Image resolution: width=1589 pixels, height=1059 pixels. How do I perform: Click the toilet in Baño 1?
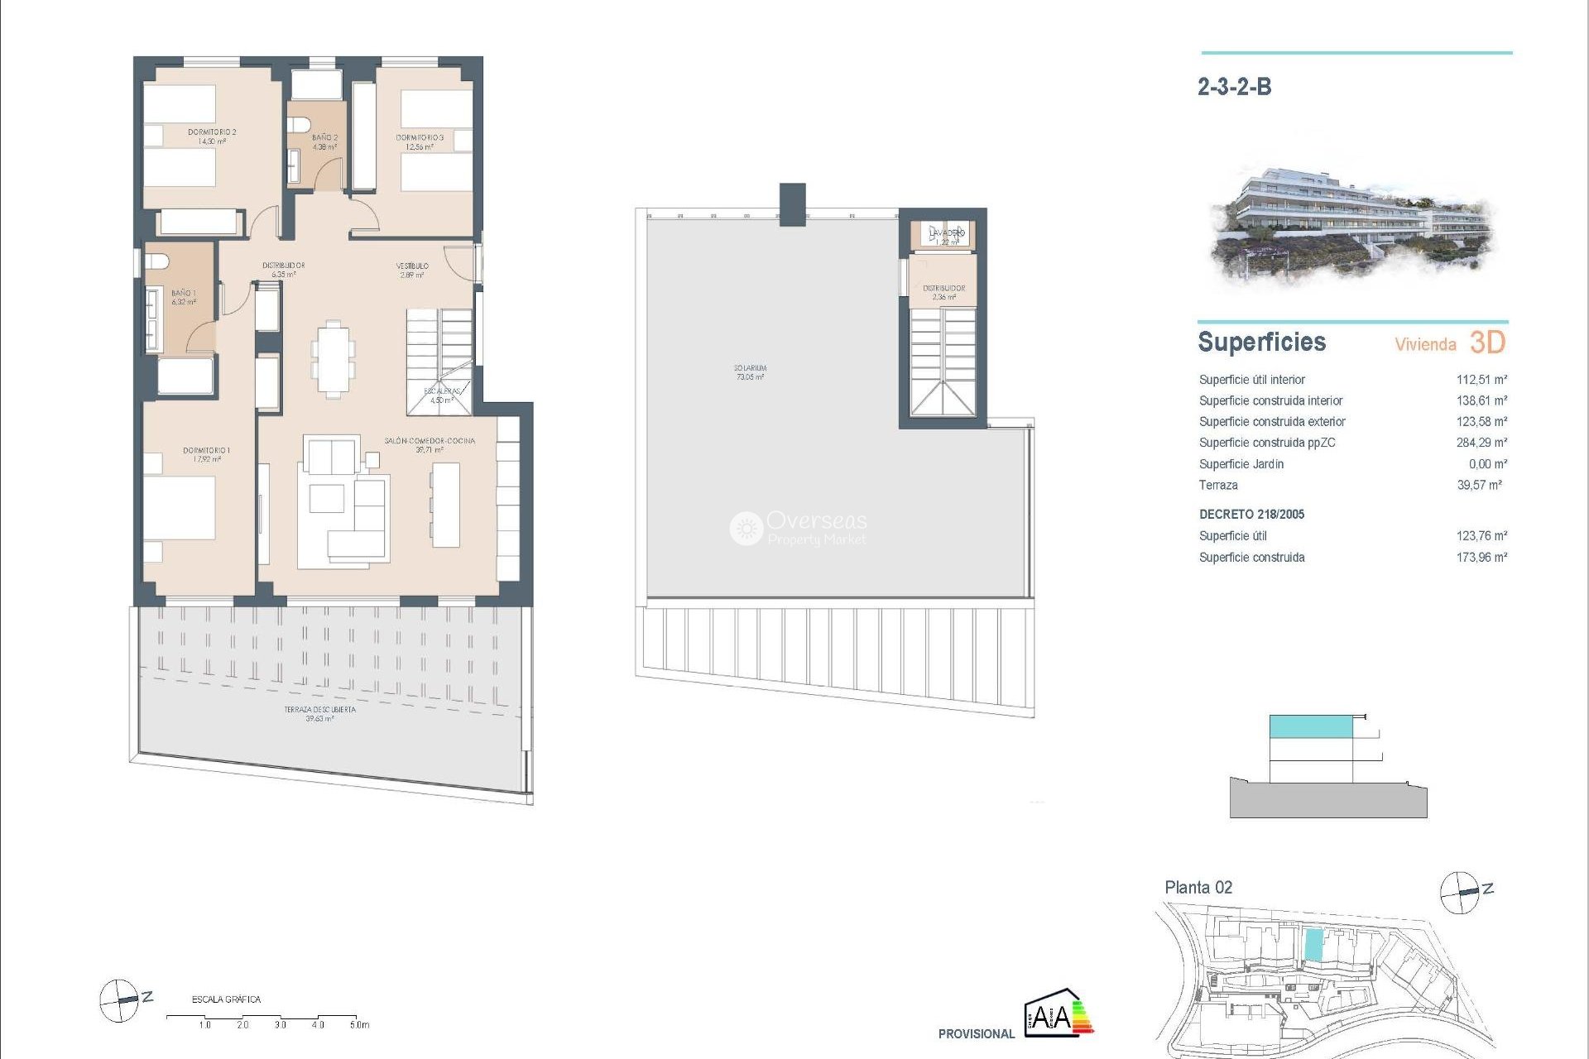(x=158, y=262)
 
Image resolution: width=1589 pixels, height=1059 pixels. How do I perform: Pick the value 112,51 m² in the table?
(x=1481, y=380)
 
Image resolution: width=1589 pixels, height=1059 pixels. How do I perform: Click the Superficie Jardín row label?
(x=1241, y=464)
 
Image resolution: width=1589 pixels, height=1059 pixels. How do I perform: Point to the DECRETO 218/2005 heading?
(x=1251, y=515)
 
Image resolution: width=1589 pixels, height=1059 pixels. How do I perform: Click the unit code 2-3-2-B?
(x=1234, y=87)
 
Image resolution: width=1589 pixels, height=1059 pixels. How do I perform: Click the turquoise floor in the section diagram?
(x=1311, y=726)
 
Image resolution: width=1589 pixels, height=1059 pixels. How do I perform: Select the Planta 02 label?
(x=1198, y=888)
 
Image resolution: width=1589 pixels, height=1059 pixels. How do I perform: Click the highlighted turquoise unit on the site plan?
(x=1313, y=944)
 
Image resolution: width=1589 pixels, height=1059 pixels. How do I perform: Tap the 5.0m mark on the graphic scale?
(x=359, y=1025)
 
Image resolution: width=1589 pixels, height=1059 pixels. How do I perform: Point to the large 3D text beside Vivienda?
(x=1487, y=343)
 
